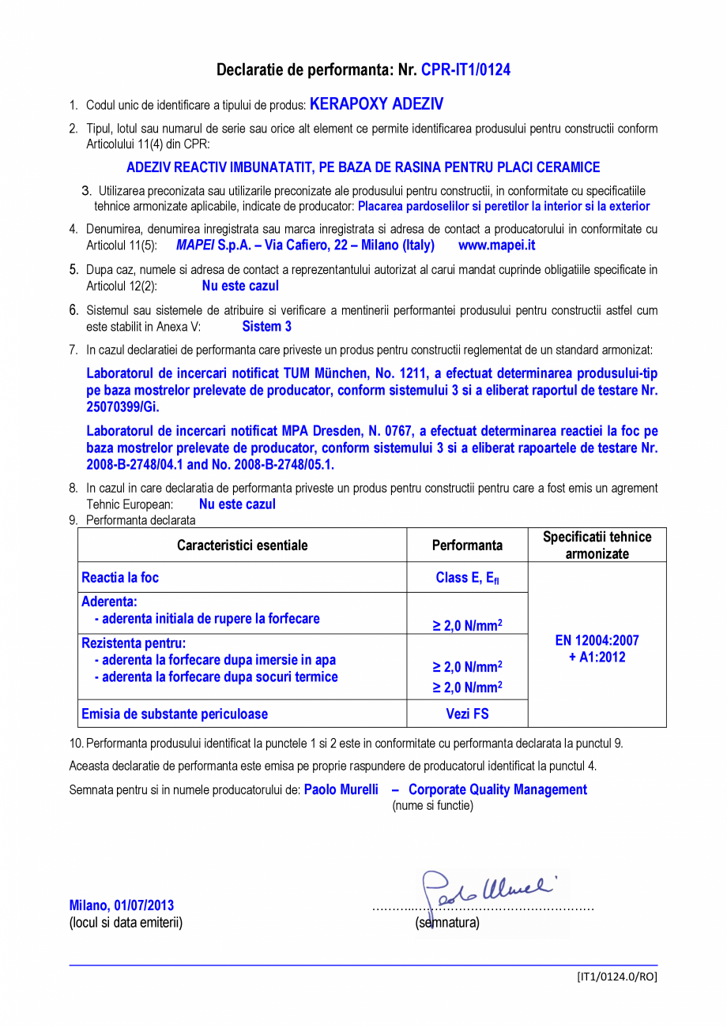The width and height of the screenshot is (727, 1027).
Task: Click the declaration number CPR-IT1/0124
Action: pos(465,70)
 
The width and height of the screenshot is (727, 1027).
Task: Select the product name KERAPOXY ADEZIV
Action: pos(376,104)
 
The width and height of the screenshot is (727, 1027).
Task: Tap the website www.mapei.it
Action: pos(496,246)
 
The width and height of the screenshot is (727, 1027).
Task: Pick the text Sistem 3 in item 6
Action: pos(266,326)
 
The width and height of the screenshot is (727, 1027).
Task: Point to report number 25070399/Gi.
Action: pos(122,407)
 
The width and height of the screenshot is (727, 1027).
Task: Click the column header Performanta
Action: pos(467,545)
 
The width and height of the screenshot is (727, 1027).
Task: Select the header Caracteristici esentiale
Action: pos(242,545)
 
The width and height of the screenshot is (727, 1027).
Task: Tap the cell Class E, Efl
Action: pos(467,578)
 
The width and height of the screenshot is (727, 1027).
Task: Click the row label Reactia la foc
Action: pos(120,578)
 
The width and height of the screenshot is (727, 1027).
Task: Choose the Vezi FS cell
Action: pos(467,714)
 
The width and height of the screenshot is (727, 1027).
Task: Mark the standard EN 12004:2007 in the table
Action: pos(597,640)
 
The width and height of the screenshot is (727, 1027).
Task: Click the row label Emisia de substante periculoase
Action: pos(175,714)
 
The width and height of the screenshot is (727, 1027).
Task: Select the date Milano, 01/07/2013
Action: pos(122,905)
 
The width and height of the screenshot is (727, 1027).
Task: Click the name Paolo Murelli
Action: pos(341,789)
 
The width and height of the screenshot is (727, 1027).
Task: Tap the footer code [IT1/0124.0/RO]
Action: pos(616,976)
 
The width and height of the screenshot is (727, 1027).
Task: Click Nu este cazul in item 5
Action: pos(240,286)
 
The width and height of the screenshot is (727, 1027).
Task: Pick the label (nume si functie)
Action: pos(432,805)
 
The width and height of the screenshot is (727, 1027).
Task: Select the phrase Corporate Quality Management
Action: pos(497,789)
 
